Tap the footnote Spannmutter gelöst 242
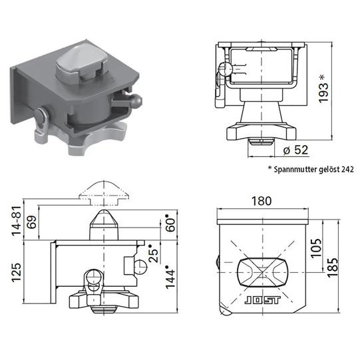coord(310,170)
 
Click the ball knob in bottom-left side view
coord(142,266)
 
